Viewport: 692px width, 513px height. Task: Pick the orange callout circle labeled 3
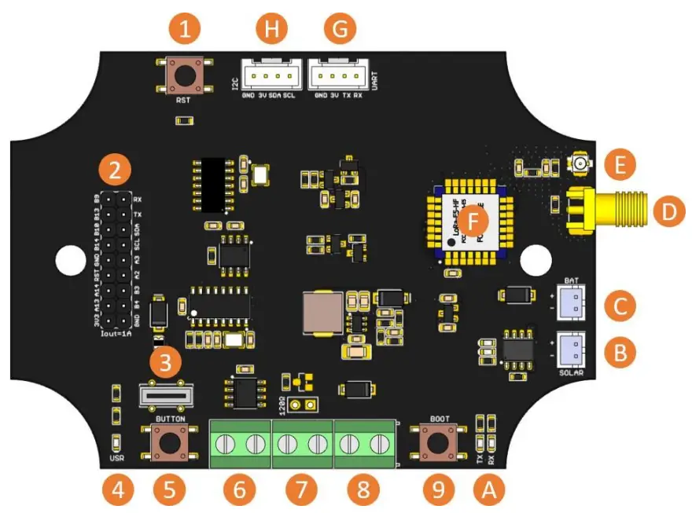[x=166, y=363]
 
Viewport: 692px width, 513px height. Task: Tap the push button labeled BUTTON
[x=168, y=443]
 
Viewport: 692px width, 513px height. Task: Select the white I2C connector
[x=270, y=77]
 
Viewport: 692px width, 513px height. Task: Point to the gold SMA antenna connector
[x=605, y=211]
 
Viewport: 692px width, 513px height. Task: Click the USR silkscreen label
[x=116, y=457]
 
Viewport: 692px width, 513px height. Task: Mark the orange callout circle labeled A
[x=488, y=490]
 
